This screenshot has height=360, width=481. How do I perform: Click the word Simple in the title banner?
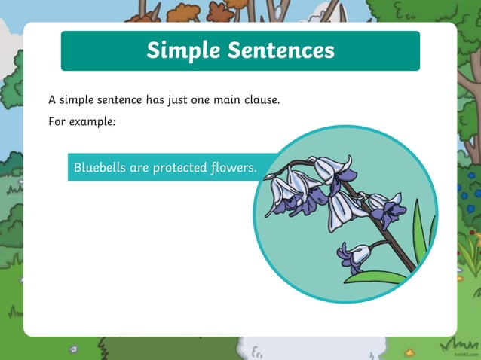[185, 50]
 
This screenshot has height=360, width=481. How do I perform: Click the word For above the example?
[57, 121]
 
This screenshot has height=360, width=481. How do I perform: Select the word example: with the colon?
[93, 121]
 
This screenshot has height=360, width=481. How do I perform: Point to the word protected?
[180, 167]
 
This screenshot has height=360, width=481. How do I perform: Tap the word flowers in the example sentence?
[234, 167]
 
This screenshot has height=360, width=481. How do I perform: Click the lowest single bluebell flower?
[351, 257]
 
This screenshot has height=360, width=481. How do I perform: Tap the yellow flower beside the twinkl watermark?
[410, 352]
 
